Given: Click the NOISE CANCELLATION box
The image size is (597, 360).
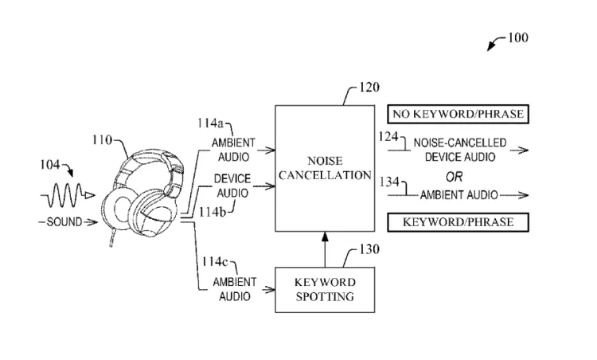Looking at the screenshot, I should [325, 166].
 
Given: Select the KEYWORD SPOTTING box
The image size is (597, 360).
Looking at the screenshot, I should [325, 290].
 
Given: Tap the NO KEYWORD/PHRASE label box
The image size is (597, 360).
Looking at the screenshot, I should [457, 115].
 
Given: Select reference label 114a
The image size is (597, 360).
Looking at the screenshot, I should [211, 123].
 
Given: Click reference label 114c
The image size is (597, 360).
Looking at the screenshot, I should [211, 260].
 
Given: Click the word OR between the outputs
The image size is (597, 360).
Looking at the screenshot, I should [454, 176].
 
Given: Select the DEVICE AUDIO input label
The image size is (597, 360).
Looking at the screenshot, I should [233, 186].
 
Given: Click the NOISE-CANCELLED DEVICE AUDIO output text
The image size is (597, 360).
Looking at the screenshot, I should [459, 151].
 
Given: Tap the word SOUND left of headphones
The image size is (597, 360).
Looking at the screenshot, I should [64, 221].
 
